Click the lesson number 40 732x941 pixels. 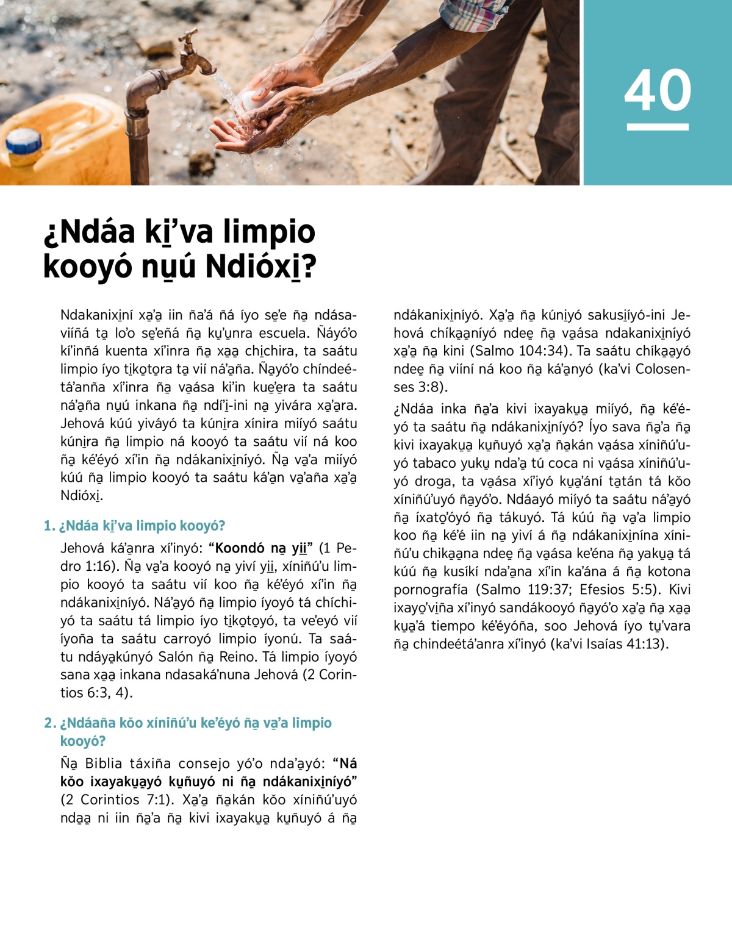(x=658, y=90)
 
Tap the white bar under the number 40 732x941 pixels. (x=658, y=127)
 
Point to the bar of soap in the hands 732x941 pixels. (x=251, y=101)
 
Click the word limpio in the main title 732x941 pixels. (x=268, y=232)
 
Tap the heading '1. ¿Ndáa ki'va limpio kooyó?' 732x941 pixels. (x=134, y=526)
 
